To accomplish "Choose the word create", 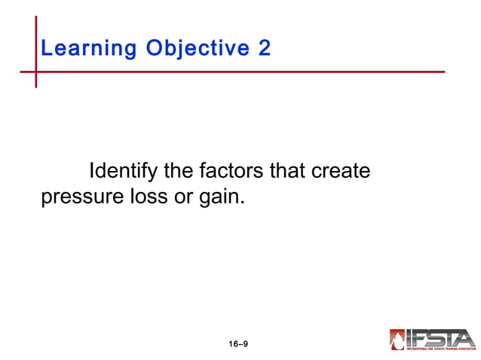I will tap(341, 172).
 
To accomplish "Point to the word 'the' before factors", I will tap(178, 172).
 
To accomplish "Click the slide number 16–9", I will tap(238, 344).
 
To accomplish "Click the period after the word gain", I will tap(244, 203).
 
